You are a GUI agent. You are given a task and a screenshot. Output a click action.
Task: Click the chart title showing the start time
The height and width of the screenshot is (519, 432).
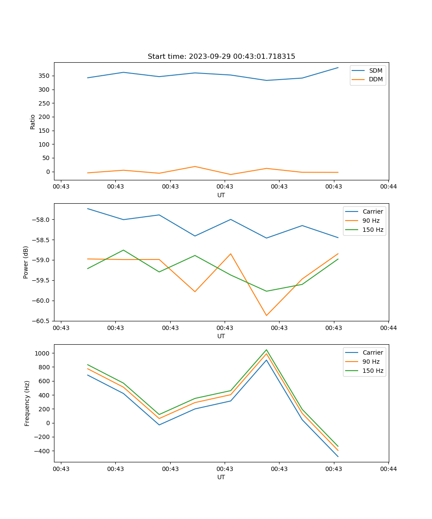point(221,57)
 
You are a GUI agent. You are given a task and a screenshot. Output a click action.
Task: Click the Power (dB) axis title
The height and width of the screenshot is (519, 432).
point(26,262)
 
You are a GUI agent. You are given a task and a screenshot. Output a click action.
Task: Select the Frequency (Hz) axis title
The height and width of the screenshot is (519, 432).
point(27,403)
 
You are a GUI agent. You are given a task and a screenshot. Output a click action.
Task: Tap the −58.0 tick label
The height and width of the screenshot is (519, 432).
point(41,220)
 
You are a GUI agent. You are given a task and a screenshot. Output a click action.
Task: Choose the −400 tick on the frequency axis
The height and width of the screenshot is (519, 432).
point(42,451)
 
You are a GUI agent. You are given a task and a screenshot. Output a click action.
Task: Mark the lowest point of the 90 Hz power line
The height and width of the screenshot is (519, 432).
point(266,315)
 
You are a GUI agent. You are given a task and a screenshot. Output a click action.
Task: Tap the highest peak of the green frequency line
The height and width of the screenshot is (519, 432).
point(266,350)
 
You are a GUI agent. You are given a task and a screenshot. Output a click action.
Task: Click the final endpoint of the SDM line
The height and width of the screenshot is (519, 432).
point(338,67)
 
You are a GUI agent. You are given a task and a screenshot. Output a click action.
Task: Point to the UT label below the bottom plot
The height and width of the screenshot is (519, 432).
point(221,477)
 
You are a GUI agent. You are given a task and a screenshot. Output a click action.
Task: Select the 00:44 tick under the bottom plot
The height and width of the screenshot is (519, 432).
point(388,468)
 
